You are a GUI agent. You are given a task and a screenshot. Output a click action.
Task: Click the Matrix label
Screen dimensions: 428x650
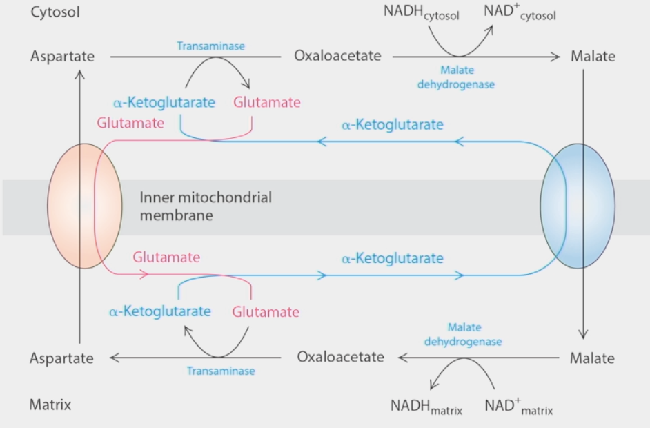tap(50, 405)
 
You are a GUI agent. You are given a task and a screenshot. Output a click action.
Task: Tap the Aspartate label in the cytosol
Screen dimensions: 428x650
tap(62, 57)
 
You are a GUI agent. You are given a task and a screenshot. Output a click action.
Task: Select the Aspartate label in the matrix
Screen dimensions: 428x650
tap(61, 358)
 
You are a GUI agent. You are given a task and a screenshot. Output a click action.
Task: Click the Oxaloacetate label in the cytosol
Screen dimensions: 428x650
tap(337, 56)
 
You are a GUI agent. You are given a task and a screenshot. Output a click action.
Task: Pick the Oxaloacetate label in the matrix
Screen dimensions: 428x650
tap(340, 357)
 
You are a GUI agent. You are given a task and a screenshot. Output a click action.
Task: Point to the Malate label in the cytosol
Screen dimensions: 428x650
tap(592, 57)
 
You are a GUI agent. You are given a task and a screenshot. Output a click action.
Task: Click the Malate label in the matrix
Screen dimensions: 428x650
tap(592, 358)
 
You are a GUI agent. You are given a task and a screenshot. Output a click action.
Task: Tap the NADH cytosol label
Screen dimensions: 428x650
tap(422, 12)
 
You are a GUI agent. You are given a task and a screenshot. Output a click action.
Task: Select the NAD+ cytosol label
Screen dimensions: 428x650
tap(519, 12)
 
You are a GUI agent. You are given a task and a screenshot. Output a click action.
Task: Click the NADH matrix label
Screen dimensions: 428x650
tap(426, 407)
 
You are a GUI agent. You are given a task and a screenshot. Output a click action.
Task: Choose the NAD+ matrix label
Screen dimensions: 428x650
tap(518, 407)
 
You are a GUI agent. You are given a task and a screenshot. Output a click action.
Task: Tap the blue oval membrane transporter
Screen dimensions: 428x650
tap(578, 206)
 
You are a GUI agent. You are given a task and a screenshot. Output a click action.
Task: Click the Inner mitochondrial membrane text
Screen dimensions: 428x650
tap(206, 206)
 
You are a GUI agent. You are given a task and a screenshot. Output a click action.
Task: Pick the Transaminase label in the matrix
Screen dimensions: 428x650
tap(220, 371)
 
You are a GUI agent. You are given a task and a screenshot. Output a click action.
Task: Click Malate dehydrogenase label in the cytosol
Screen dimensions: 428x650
tap(466, 77)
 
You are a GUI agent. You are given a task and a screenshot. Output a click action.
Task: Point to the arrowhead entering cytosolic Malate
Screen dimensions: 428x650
tap(555, 57)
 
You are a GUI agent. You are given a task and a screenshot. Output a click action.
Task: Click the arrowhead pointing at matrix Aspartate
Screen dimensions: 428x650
tap(115, 358)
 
